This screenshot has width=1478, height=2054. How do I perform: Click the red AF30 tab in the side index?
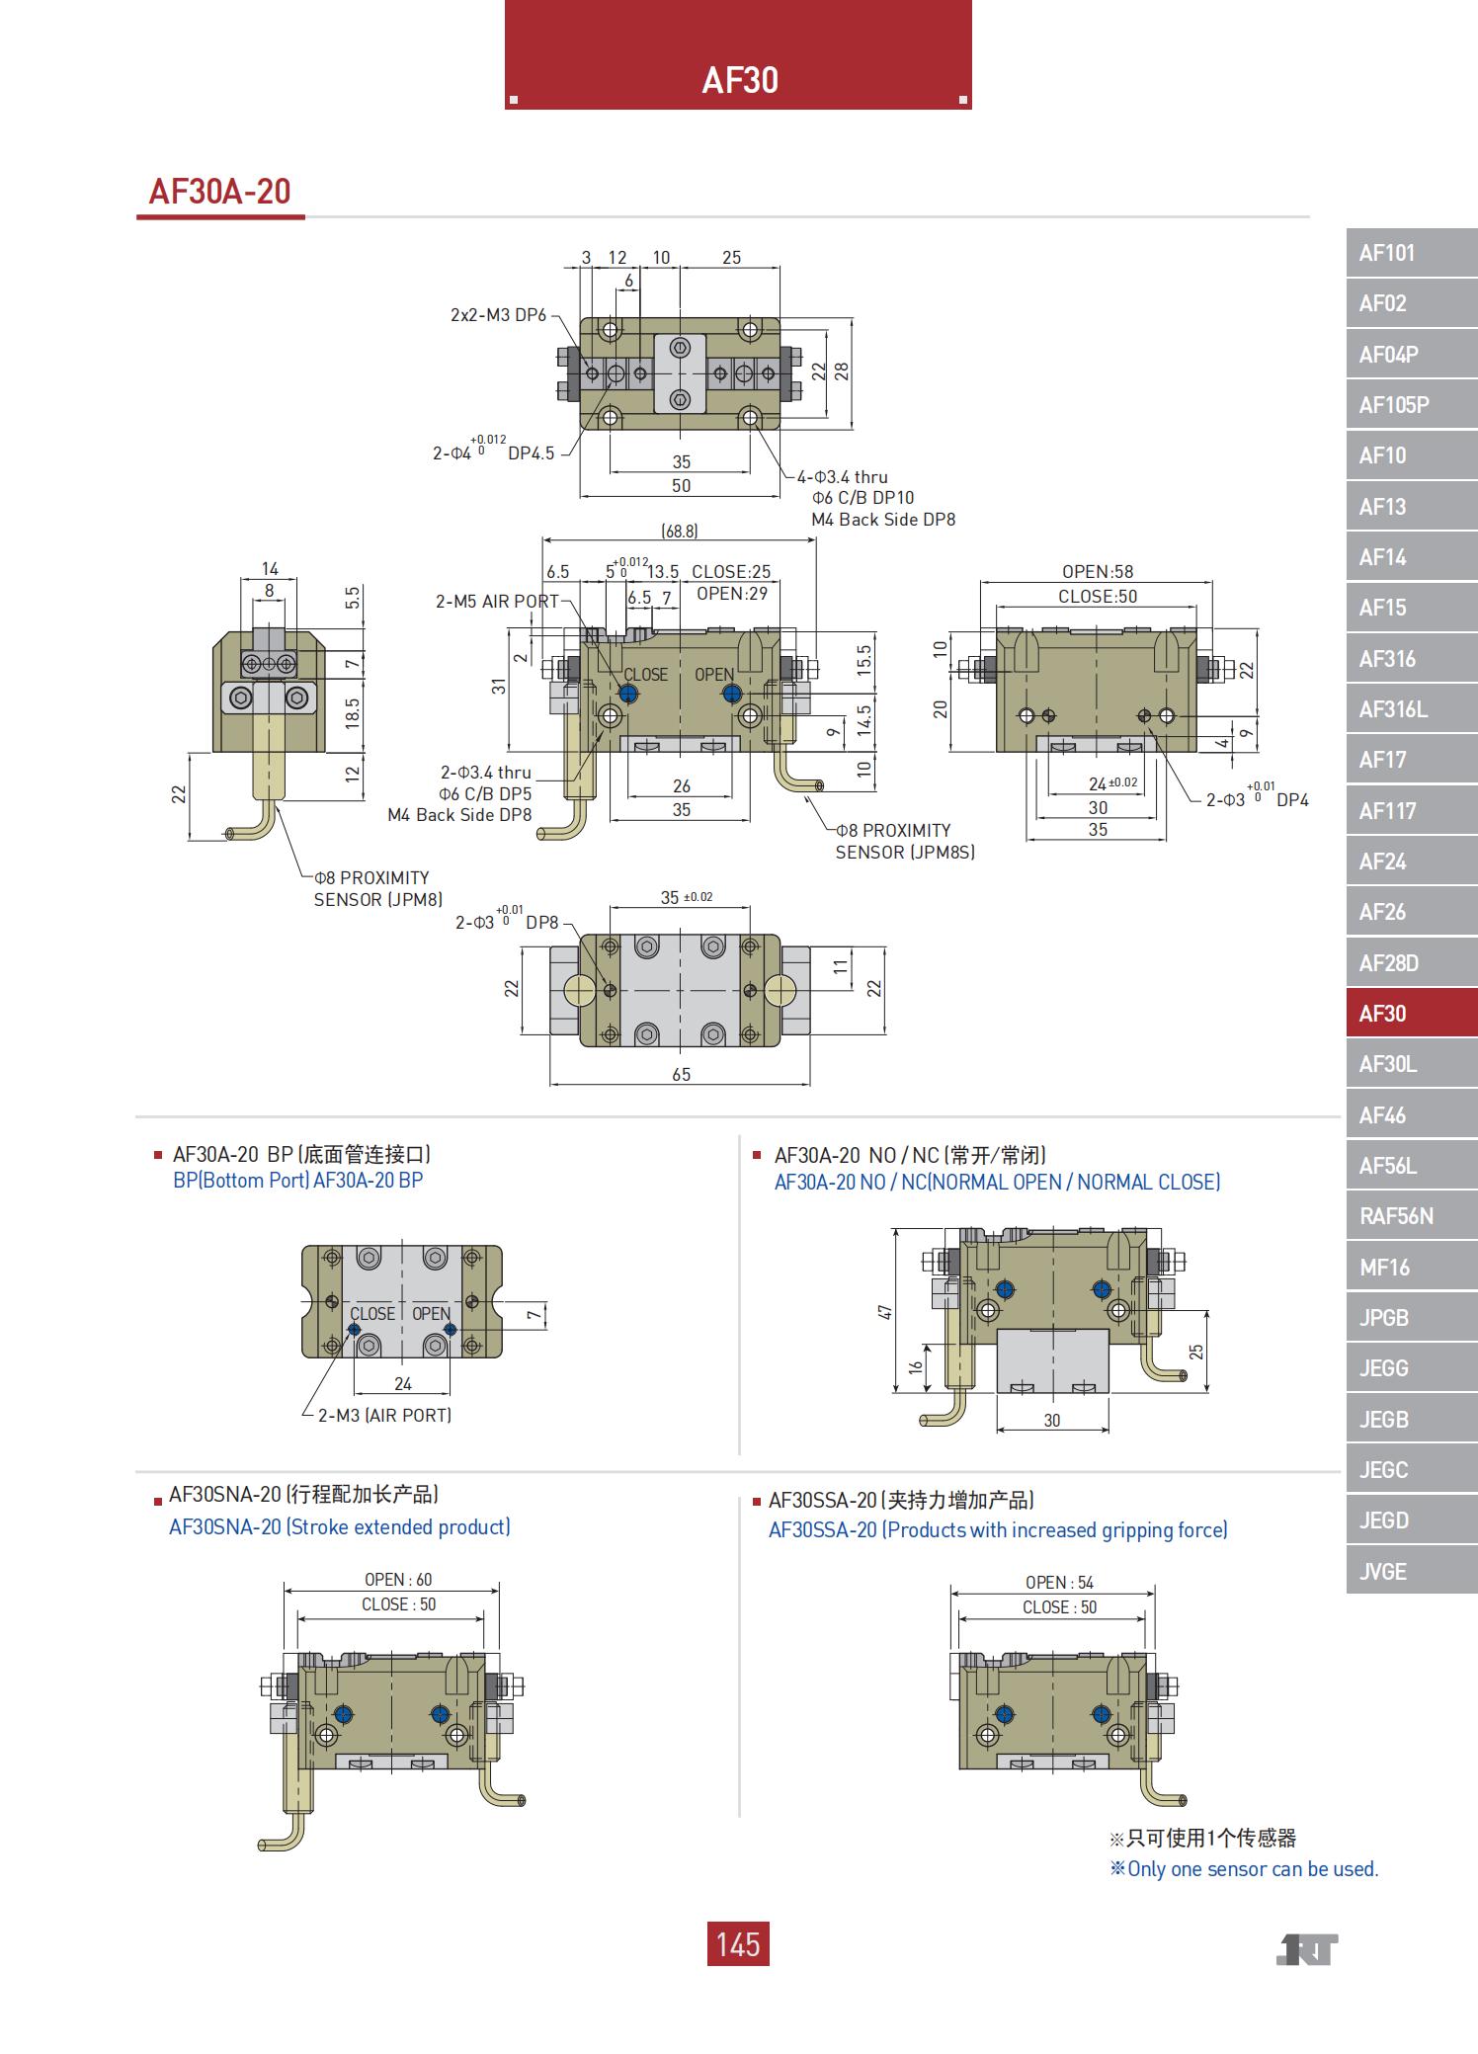[x=1410, y=1014]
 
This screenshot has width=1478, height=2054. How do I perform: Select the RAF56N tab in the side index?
[x=1410, y=1216]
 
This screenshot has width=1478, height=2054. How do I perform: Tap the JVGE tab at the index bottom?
[x=1410, y=1571]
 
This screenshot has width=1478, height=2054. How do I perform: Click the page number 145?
[x=738, y=1944]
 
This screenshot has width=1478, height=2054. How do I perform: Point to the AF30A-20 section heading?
[x=220, y=192]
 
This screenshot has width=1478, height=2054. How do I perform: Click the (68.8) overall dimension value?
[x=680, y=532]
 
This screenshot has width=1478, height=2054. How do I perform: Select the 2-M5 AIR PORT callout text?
[x=497, y=601]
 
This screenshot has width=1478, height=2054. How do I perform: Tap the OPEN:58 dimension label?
[x=1098, y=572]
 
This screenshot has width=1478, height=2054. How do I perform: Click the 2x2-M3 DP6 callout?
[x=498, y=315]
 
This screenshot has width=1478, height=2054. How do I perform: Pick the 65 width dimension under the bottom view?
[x=681, y=1074]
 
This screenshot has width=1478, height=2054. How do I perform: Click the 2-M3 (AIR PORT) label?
[x=384, y=1416]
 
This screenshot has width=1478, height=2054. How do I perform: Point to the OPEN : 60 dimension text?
[x=398, y=1580]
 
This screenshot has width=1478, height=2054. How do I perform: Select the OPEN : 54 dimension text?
[x=1059, y=1583]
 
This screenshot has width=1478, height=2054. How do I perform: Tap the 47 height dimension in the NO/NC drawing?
[x=885, y=1312]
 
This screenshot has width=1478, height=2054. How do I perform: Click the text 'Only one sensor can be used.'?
[x=1251, y=1869]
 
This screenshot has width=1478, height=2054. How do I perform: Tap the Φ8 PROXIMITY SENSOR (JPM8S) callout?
[x=905, y=841]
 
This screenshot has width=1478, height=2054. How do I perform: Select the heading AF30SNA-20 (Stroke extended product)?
[x=340, y=1527]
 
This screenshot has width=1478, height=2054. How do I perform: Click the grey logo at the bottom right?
[x=1306, y=1950]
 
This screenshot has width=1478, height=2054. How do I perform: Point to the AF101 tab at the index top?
[x=1410, y=253]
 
